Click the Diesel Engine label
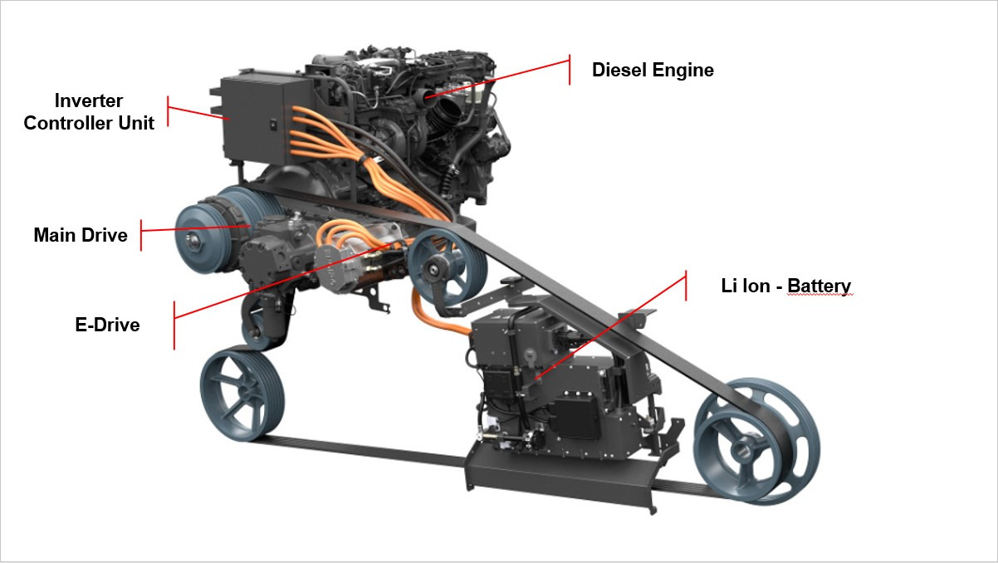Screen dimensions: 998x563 pyautogui.click(x=653, y=71)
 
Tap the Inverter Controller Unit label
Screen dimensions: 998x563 pyautogui.click(x=89, y=112)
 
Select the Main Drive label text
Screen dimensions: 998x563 pyautogui.click(x=81, y=235)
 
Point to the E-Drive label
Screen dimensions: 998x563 pyautogui.click(x=107, y=325)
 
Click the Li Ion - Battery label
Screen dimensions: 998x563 pyautogui.click(x=786, y=286)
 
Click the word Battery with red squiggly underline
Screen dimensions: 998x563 pyautogui.click(x=819, y=286)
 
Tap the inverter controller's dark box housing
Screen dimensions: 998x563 pyautogui.click(x=258, y=118)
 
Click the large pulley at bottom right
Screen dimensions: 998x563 pyautogui.click(x=757, y=441)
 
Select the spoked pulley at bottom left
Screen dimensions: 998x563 pyautogui.click(x=242, y=395)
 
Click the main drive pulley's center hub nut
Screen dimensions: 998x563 pyautogui.click(x=194, y=241)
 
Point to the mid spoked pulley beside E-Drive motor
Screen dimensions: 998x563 pyautogui.click(x=447, y=267)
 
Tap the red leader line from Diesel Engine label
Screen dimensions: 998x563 pyautogui.click(x=497, y=79)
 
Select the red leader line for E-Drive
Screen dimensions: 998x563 pyautogui.click(x=285, y=281)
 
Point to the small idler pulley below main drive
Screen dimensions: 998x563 pyautogui.click(x=257, y=330)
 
